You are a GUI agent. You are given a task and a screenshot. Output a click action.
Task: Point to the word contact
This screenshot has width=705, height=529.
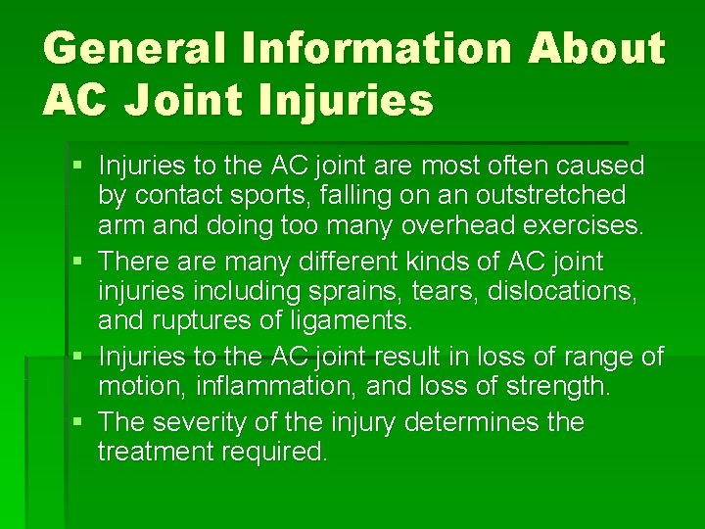[x=174, y=196]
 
